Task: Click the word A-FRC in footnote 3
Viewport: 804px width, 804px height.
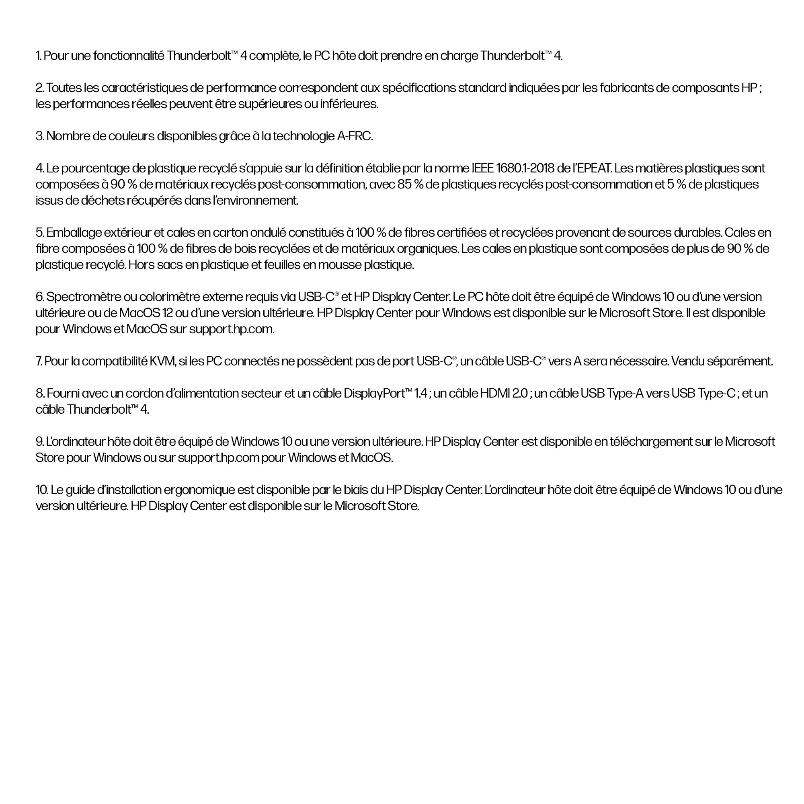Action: (355, 136)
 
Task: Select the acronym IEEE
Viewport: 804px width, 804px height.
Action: (483, 168)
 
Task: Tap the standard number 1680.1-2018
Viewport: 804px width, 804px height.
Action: (525, 168)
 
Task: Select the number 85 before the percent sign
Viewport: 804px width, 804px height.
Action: (404, 185)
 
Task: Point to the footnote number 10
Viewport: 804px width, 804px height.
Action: (42, 490)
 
